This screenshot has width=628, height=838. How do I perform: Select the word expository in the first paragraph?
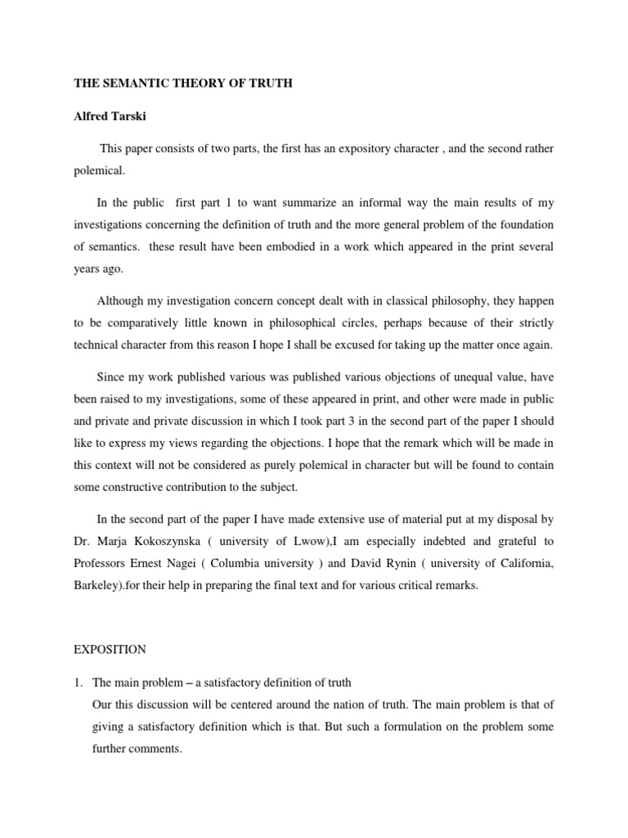coord(392,151)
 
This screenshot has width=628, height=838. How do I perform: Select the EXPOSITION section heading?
coord(110,650)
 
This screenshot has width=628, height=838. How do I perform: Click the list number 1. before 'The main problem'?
coord(79,682)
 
